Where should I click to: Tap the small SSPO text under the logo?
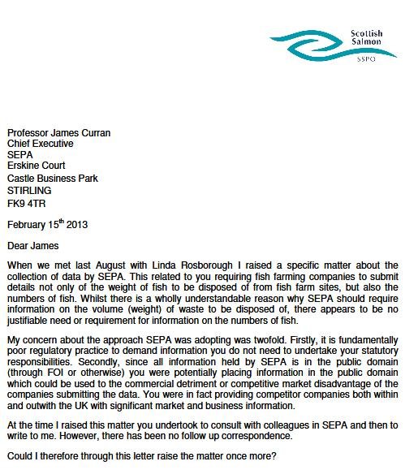[x=367, y=61]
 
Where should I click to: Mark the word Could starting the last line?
[x=20, y=456]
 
